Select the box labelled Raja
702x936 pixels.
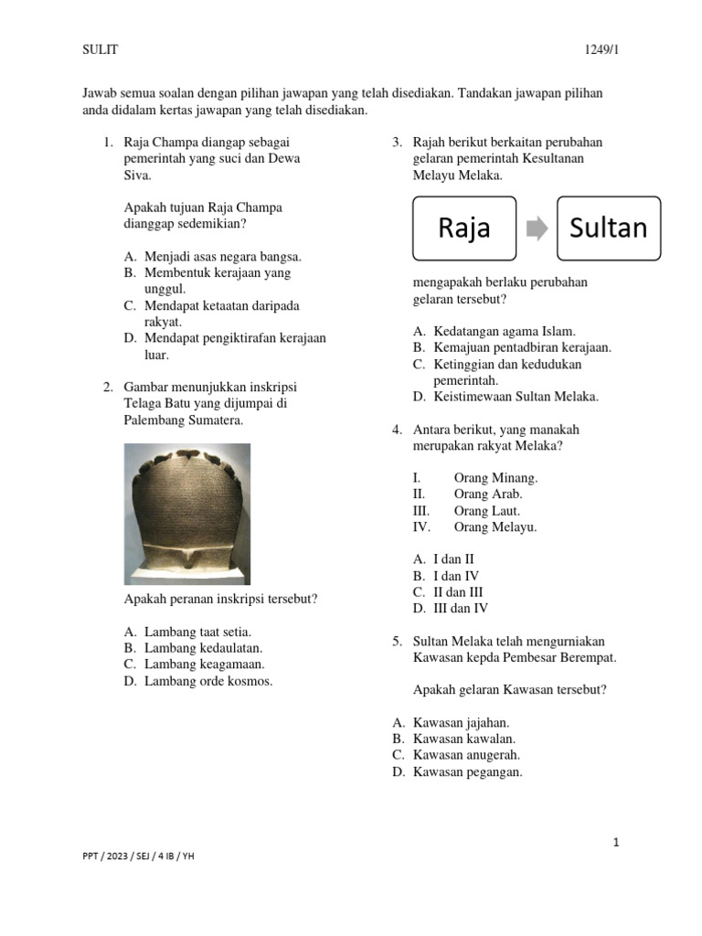click(x=464, y=227)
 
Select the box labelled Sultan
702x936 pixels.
click(x=608, y=227)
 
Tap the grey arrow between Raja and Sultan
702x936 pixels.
click(x=537, y=228)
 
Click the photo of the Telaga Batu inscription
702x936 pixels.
click(x=186, y=514)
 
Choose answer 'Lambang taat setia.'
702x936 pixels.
click(x=197, y=632)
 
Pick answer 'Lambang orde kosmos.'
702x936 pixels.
click(x=208, y=681)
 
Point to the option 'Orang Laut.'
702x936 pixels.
click(x=486, y=511)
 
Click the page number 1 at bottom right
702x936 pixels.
click(x=616, y=843)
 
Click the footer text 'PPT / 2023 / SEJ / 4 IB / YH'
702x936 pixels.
click(x=138, y=856)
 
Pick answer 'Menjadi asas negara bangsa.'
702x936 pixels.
click(x=222, y=256)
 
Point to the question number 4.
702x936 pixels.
click(x=397, y=430)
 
